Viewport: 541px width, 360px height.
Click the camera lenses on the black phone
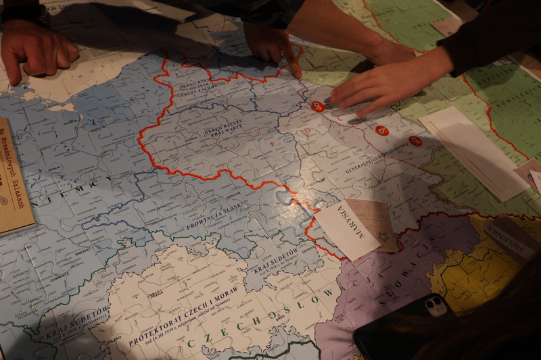pos(436,305)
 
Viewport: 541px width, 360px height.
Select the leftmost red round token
pos(317,106)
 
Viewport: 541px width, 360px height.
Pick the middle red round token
pos(382,130)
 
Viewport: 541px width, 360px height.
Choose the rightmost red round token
pos(415,140)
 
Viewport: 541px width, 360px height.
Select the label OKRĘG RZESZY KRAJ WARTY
pos(223,128)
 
